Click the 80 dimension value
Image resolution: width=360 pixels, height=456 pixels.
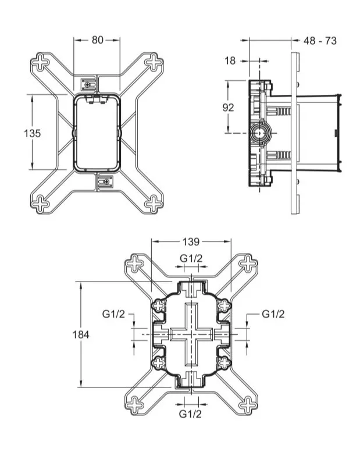(x=98, y=40)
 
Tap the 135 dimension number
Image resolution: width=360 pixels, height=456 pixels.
(x=33, y=133)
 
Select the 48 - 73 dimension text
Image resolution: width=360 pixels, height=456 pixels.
(x=320, y=41)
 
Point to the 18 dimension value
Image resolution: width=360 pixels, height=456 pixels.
(x=230, y=60)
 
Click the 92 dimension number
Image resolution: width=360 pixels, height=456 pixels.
(x=228, y=108)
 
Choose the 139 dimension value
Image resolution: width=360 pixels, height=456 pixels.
(x=191, y=242)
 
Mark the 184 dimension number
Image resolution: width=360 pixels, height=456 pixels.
(x=80, y=335)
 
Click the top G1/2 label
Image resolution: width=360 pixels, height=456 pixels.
(x=191, y=258)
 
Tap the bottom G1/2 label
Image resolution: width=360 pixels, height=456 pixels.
(x=190, y=414)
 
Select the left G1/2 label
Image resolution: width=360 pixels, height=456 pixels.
(x=113, y=314)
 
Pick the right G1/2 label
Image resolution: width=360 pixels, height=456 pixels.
(x=273, y=314)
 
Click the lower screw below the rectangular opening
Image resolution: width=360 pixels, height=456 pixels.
(x=105, y=182)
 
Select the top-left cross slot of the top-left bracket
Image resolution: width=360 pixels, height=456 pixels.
(x=41, y=62)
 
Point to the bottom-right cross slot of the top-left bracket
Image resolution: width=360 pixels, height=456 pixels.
(x=153, y=204)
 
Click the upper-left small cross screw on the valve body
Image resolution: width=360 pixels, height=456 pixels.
(x=159, y=306)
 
